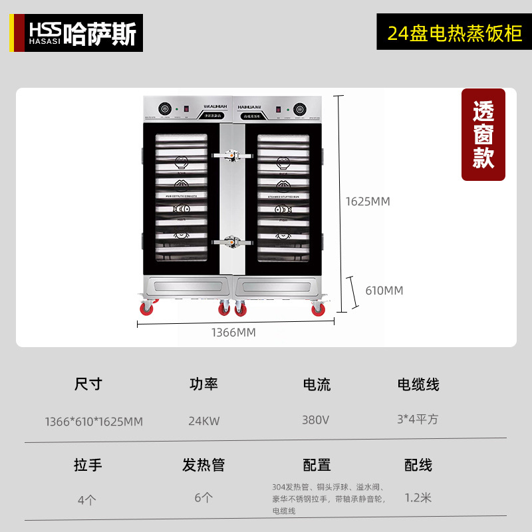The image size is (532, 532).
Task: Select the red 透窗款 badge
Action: pyautogui.click(x=483, y=135)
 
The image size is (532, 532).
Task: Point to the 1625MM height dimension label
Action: pyautogui.click(x=368, y=201)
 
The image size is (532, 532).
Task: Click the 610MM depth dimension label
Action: pyautogui.click(x=384, y=291)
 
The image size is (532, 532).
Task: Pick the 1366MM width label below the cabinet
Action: pyautogui.click(x=233, y=332)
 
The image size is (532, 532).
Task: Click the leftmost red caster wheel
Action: pyautogui.click(x=146, y=308)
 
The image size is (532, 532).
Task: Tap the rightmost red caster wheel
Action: pyautogui.click(x=319, y=309)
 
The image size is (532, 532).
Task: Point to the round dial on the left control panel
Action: pyautogui.click(x=164, y=108)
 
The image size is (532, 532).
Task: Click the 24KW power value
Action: pyautogui.click(x=203, y=420)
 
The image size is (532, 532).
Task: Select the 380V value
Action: pyautogui.click(x=316, y=420)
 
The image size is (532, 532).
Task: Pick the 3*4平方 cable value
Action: pyautogui.click(x=418, y=420)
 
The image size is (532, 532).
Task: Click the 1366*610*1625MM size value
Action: pyautogui.click(x=94, y=422)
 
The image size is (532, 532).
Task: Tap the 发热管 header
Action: pyautogui.click(x=203, y=465)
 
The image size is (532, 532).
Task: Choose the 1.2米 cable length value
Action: pyautogui.click(x=418, y=497)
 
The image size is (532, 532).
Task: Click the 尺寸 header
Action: pyautogui.click(x=88, y=384)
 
